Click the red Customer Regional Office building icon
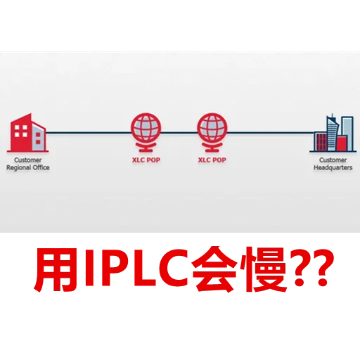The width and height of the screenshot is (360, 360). pyautogui.click(x=27, y=133)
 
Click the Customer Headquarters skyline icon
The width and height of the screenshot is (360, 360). pyautogui.click(x=333, y=133)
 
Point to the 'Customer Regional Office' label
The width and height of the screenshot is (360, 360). pyautogui.click(x=28, y=164)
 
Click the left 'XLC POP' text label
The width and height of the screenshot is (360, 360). pyautogui.click(x=146, y=160)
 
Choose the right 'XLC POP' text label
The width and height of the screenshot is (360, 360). pyautogui.click(x=212, y=160)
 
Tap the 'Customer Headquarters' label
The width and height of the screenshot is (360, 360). pyautogui.click(x=333, y=164)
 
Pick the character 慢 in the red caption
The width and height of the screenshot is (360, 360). pyautogui.click(x=264, y=269)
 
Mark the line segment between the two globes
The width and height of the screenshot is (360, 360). pyautogui.click(x=179, y=133)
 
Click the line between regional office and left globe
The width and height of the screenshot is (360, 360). pyautogui.click(x=89, y=133)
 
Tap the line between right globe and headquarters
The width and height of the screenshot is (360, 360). pyautogui.click(x=271, y=133)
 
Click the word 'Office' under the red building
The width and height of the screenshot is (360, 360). pyautogui.click(x=41, y=167)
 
